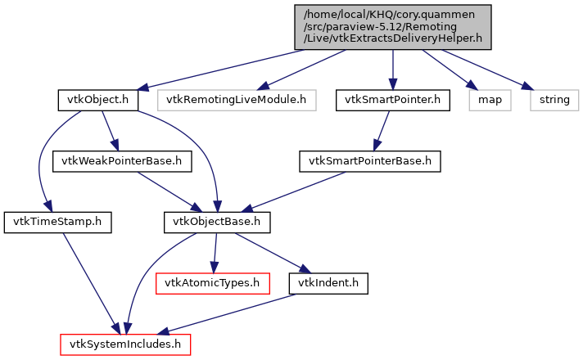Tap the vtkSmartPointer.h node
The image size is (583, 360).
[x=393, y=101]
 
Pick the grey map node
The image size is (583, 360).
[x=489, y=101]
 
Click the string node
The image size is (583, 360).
[x=553, y=101]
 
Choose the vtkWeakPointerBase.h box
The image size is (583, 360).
[x=122, y=160]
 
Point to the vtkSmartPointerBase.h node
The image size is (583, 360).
[x=370, y=160]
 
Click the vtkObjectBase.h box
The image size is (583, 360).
[x=217, y=221]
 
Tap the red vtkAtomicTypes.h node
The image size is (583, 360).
[x=212, y=283]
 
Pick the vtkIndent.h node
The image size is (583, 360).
[x=328, y=283]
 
